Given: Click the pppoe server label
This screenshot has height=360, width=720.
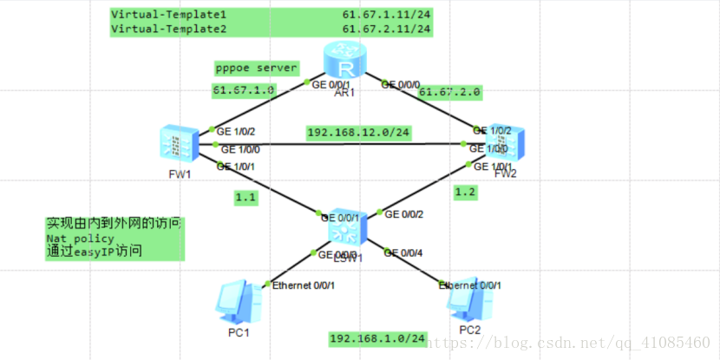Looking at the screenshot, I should (257, 68).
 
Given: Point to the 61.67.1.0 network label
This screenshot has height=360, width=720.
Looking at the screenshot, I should (244, 89).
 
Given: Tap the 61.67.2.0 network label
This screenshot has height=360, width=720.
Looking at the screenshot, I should (449, 91).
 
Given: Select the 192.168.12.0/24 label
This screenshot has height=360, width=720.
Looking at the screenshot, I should (358, 132).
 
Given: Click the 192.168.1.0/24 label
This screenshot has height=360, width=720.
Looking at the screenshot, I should (378, 337).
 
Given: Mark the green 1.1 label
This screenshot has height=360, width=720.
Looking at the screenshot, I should (245, 198).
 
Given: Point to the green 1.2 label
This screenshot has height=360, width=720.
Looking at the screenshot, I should (465, 192).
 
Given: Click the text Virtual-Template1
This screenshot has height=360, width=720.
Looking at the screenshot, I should (168, 16).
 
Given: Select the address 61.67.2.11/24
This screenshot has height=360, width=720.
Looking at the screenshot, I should (386, 29).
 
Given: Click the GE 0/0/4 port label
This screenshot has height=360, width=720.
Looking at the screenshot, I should (412, 252).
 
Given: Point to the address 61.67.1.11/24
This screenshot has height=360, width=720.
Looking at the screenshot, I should (386, 16).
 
